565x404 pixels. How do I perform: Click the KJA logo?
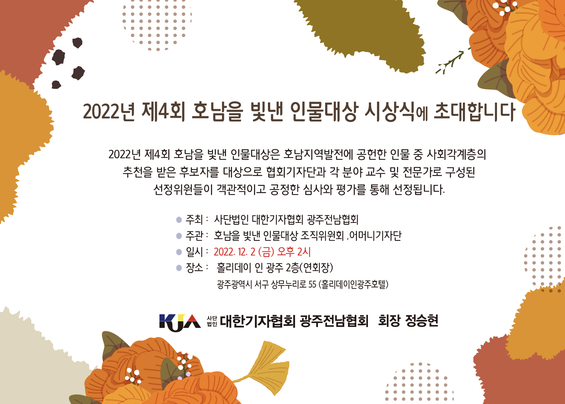(180, 322)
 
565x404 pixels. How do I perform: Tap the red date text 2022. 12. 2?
(234, 252)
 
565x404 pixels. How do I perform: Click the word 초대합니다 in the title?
(475, 112)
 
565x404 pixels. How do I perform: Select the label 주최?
(194, 219)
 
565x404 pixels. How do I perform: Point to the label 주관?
(194, 236)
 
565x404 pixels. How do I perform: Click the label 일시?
(194, 252)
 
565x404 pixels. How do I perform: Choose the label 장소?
(194, 268)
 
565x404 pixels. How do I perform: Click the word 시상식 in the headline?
(389, 112)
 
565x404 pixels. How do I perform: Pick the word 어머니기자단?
(376, 236)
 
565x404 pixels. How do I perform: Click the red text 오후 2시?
(294, 252)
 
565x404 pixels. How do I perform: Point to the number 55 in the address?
(312, 284)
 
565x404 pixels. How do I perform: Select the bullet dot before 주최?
(179, 219)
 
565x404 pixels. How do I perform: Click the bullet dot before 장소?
(179, 268)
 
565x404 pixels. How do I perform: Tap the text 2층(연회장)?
(309, 268)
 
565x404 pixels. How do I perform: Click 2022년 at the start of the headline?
(109, 112)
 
